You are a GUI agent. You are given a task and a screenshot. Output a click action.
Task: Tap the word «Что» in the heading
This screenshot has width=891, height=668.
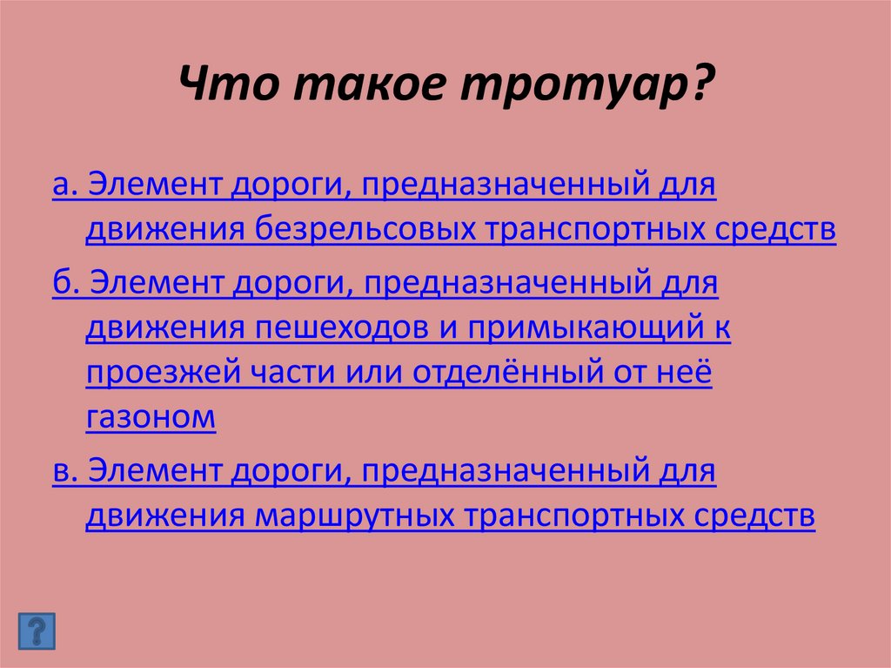pyautogui.click(x=225, y=86)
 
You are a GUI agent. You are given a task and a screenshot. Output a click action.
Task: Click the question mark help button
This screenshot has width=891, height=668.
pyautogui.click(x=36, y=630)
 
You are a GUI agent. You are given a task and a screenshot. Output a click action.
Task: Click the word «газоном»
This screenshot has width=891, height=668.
pyautogui.click(x=151, y=418)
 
